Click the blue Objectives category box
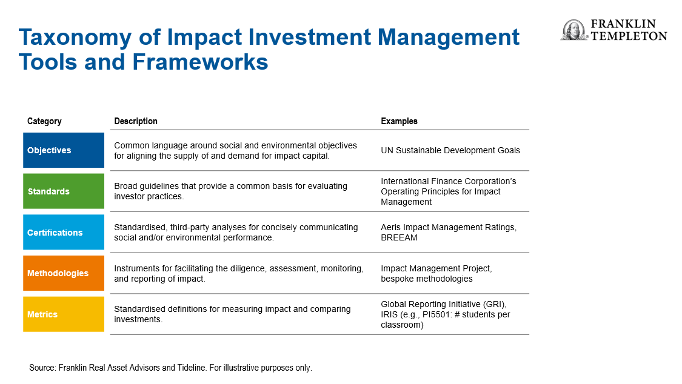pyautogui.click(x=64, y=150)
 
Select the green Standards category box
pyautogui.click(x=64, y=191)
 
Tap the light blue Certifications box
pyautogui.click(x=64, y=232)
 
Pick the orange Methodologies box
pyautogui.click(x=64, y=273)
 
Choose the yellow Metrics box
pyautogui.click(x=64, y=314)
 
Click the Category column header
pyautogui.click(x=44, y=121)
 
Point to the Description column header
pyautogui.click(x=136, y=121)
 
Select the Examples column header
pyautogui.click(x=400, y=121)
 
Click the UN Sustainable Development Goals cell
pyautogui.click(x=450, y=150)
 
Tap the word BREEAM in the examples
pyautogui.click(x=399, y=237)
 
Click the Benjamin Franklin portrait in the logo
pyautogui.click(x=573, y=30)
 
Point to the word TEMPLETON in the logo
pyautogui.click(x=629, y=36)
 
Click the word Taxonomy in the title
pyautogui.click(x=75, y=38)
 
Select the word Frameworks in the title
pyautogui.click(x=200, y=62)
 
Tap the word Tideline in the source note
pyautogui.click(x=191, y=368)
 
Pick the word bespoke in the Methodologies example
pyautogui.click(x=397, y=279)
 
